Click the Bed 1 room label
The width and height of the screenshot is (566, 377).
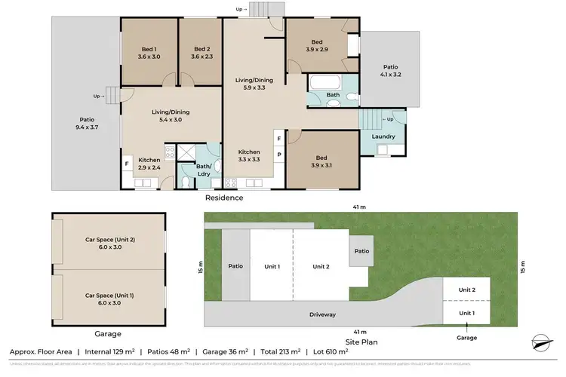(149, 51)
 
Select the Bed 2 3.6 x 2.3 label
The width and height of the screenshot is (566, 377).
(200, 51)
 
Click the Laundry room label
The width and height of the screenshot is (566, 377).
(383, 136)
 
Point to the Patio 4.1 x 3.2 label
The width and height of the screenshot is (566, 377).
(391, 72)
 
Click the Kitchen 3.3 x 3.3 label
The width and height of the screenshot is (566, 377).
(249, 155)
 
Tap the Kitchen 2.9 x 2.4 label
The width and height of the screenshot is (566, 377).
(149, 164)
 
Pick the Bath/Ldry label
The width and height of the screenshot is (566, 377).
(203, 170)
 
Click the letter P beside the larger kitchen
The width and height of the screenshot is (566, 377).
(278, 155)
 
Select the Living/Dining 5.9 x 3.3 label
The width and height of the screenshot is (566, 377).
(253, 84)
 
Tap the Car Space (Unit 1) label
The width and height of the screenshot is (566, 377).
(109, 299)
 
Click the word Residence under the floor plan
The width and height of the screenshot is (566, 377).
(224, 198)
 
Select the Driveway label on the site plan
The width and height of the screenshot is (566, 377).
(322, 314)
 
